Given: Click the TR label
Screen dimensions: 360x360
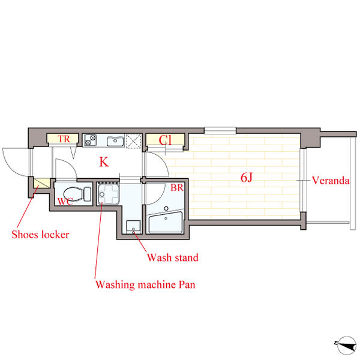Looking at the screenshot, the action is pyautogui.click(x=64, y=139).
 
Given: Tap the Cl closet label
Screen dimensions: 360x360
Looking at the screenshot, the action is pyautogui.click(x=165, y=140).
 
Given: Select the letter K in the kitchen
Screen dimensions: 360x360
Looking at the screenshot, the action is pyautogui.click(x=104, y=162).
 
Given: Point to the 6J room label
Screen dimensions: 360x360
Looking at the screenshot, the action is pyautogui.click(x=247, y=178).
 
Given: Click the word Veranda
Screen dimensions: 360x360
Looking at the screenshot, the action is pyautogui.click(x=331, y=181).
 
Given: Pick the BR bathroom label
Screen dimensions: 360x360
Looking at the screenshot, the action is pyautogui.click(x=177, y=188).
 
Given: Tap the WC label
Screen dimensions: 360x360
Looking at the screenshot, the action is pyautogui.click(x=65, y=202).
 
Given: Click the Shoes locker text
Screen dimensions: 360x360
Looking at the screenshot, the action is pyautogui.click(x=40, y=235).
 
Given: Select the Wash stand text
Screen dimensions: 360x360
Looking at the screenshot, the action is pyautogui.click(x=173, y=257).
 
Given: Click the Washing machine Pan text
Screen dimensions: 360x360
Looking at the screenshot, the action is pyautogui.click(x=145, y=284).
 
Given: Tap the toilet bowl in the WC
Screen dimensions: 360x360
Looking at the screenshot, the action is pyautogui.click(x=77, y=194).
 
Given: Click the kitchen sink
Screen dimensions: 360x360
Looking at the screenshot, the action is pyautogui.click(x=115, y=140).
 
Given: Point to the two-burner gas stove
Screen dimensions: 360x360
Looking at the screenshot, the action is pyautogui.click(x=90, y=140).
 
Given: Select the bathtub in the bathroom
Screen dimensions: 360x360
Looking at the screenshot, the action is pyautogui.click(x=166, y=222).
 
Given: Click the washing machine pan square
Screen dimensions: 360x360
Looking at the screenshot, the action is pyautogui.click(x=108, y=194).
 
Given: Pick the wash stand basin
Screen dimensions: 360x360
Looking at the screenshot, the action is pyautogui.click(x=133, y=227).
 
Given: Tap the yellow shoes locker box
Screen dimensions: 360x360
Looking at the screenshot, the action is pyautogui.click(x=41, y=184).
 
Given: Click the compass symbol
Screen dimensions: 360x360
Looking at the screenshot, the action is pyautogui.click(x=346, y=346).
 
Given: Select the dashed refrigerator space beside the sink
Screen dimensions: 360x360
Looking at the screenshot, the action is pyautogui.click(x=134, y=141).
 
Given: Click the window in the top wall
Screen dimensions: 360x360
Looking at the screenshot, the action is pyautogui.click(x=220, y=130).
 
